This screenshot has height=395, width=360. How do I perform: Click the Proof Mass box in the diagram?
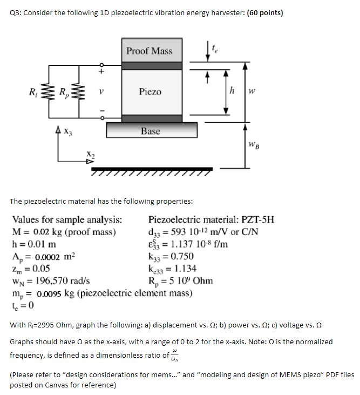(x=150, y=51)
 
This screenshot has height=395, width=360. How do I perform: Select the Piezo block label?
(x=150, y=92)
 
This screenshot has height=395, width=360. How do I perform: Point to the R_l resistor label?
(x=33, y=91)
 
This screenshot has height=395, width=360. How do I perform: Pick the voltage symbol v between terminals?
(x=100, y=92)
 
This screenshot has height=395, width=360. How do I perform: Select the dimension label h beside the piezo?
(x=233, y=91)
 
